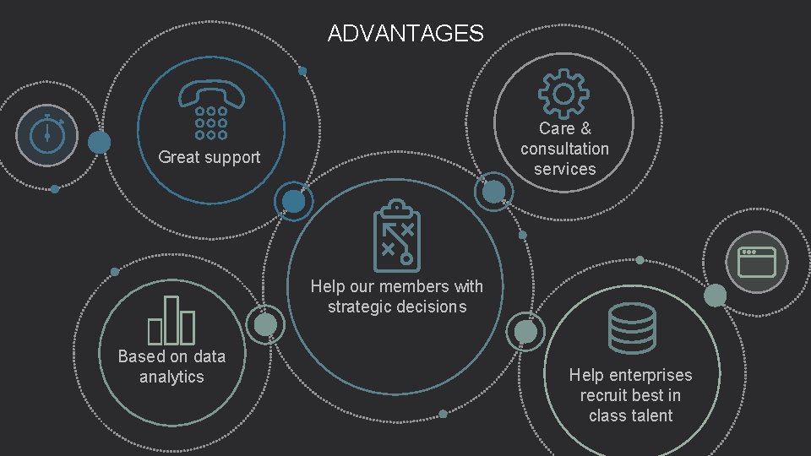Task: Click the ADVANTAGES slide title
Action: coord(405,34)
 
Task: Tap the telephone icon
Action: coord(211,110)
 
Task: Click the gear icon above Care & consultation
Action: coord(564,93)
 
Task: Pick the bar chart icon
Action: coord(171,320)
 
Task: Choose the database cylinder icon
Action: coord(632,328)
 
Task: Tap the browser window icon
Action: coord(756,262)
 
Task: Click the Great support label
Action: coord(210,157)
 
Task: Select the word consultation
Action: coord(564,149)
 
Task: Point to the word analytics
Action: coord(171,377)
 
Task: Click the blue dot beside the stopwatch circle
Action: coord(100,143)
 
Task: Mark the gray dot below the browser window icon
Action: coord(715,295)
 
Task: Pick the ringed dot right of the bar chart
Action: coord(265,325)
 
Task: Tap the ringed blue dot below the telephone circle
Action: coord(293,201)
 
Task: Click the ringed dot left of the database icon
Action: coord(525,332)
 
